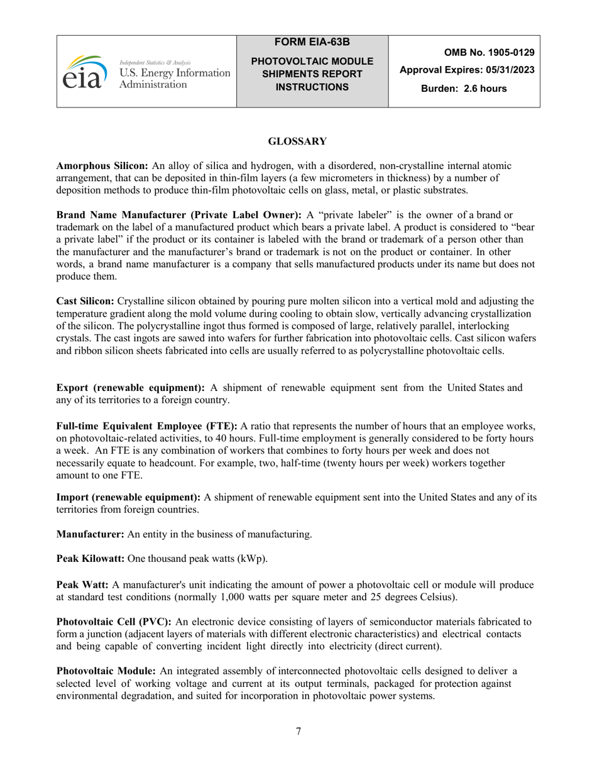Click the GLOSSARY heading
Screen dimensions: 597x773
297,141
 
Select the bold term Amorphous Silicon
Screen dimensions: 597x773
102,166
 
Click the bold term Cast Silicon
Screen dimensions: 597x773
85,300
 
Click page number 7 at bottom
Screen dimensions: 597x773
298,731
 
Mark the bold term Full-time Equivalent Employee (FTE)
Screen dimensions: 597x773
147,425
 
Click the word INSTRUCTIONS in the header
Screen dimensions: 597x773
312,87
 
